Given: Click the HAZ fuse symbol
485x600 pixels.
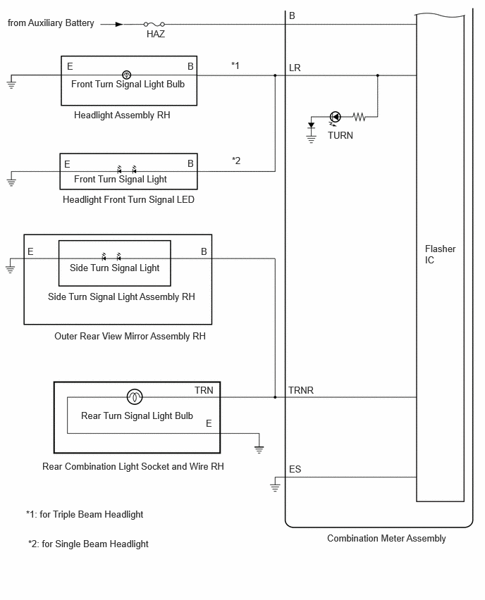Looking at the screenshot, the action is (154, 24).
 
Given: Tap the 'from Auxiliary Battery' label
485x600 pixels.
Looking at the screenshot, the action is (51, 23).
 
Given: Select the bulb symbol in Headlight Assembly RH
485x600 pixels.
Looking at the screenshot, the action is (126, 75).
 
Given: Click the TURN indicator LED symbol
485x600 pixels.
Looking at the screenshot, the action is (336, 117).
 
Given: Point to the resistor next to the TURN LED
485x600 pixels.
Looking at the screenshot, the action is (359, 117).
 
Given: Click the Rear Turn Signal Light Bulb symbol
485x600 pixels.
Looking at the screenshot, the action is (135, 396).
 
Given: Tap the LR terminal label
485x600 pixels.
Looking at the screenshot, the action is (295, 68).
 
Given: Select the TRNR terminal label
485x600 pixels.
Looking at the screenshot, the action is (301, 390).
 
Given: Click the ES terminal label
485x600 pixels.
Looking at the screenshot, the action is (295, 469).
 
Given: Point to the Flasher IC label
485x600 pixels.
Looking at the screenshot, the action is (440, 254).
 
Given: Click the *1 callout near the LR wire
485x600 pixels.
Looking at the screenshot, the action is (235, 65).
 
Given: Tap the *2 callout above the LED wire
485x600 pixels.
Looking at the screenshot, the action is (236, 161).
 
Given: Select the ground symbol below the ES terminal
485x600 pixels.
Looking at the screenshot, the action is (275, 487).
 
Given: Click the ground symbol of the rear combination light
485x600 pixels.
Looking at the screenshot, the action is (259, 449).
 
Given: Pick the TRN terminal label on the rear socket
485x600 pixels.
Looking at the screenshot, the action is (204, 390).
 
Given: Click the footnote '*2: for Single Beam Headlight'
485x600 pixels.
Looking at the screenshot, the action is (88, 544).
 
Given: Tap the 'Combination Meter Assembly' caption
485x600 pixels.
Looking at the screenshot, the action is (386, 539).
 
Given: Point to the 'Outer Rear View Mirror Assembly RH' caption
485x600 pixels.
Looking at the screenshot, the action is (130, 336).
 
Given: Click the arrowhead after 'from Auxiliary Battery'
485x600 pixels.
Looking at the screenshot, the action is (119, 24).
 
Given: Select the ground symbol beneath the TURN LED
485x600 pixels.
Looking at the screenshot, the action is (311, 139).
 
